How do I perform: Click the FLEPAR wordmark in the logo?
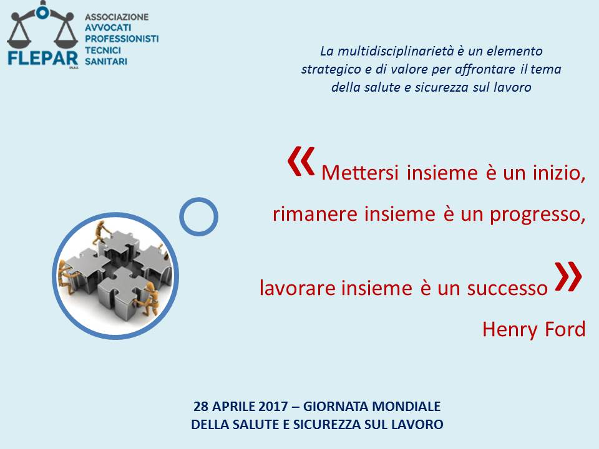click(43, 59)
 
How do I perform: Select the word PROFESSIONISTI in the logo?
click(122, 39)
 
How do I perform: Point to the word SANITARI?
click(106, 61)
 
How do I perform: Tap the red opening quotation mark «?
click(301, 161)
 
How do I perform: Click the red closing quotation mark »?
click(568, 276)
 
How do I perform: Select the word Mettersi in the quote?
click(360, 173)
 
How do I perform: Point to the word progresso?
click(537, 215)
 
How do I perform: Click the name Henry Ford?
click(533, 329)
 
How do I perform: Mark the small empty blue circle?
click(198, 216)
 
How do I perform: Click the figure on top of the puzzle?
click(100, 232)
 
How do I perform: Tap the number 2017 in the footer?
click(273, 406)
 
